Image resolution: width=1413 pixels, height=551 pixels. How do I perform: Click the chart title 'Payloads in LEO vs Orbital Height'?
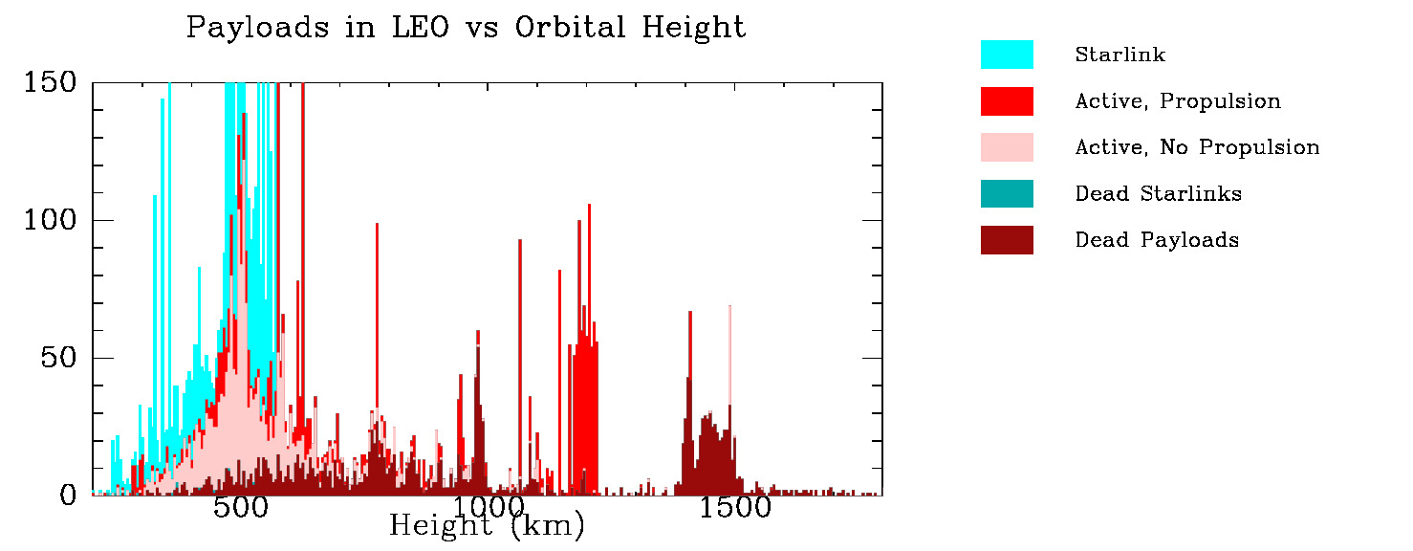pyautogui.click(x=466, y=28)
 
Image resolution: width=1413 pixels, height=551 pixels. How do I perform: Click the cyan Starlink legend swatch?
pyautogui.click(x=1007, y=55)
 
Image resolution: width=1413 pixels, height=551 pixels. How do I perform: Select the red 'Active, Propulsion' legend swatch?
pyautogui.click(x=1007, y=100)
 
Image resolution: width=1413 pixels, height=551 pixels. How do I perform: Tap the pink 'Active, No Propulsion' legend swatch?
pyautogui.click(x=1007, y=146)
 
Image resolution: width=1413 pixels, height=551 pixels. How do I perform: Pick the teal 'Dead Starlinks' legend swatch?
pyautogui.click(x=1007, y=193)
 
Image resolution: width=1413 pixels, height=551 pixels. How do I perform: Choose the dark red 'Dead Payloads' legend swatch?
pyautogui.click(x=1007, y=239)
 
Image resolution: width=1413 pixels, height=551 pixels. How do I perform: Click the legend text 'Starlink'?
pyautogui.click(x=1120, y=55)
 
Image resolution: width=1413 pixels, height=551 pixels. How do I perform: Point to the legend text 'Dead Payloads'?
pyautogui.click(x=1157, y=239)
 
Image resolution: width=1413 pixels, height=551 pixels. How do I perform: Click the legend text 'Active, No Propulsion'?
pyautogui.click(x=1197, y=147)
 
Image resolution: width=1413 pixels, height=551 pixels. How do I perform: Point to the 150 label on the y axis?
pyautogui.click(x=49, y=83)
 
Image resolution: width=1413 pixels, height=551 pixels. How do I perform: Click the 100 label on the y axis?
pyautogui.click(x=49, y=221)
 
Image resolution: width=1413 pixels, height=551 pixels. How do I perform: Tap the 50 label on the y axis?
pyautogui.click(x=58, y=359)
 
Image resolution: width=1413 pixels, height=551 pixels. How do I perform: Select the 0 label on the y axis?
pyautogui.click(x=68, y=496)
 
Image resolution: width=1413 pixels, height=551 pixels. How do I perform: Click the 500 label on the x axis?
pyautogui.click(x=240, y=508)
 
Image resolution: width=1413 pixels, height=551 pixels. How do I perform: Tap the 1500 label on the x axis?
pyautogui.click(x=734, y=508)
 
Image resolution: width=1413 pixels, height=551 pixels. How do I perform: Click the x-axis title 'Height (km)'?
pyautogui.click(x=487, y=525)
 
